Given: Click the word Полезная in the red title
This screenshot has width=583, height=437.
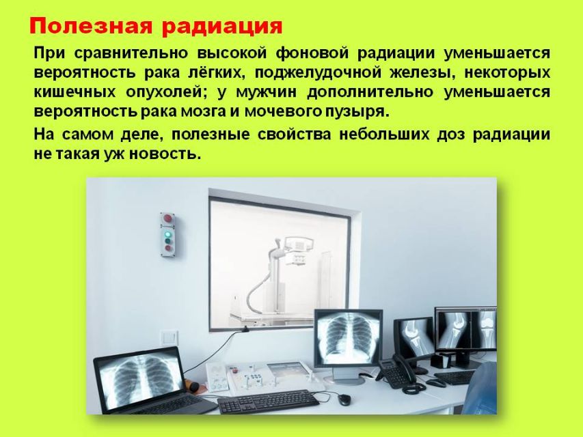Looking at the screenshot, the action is (91, 26).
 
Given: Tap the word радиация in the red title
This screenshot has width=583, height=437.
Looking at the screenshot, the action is (222, 27).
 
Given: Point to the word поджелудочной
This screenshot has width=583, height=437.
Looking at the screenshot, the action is (318, 73).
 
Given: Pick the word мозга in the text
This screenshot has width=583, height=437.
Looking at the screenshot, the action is (204, 112).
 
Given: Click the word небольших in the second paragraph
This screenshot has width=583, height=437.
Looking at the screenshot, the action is (383, 134).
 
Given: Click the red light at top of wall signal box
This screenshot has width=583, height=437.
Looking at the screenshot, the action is (167, 218).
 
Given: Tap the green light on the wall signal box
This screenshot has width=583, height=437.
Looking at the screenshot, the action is (167, 234).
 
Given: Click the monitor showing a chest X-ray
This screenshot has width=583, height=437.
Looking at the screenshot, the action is (349, 338).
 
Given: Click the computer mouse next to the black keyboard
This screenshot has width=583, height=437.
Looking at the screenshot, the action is (344, 399).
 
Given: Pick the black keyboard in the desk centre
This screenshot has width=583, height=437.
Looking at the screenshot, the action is (268, 401).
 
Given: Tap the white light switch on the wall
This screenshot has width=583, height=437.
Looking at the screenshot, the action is (170, 338).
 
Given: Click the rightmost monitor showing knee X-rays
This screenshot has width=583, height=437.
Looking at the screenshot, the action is (465, 328).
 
